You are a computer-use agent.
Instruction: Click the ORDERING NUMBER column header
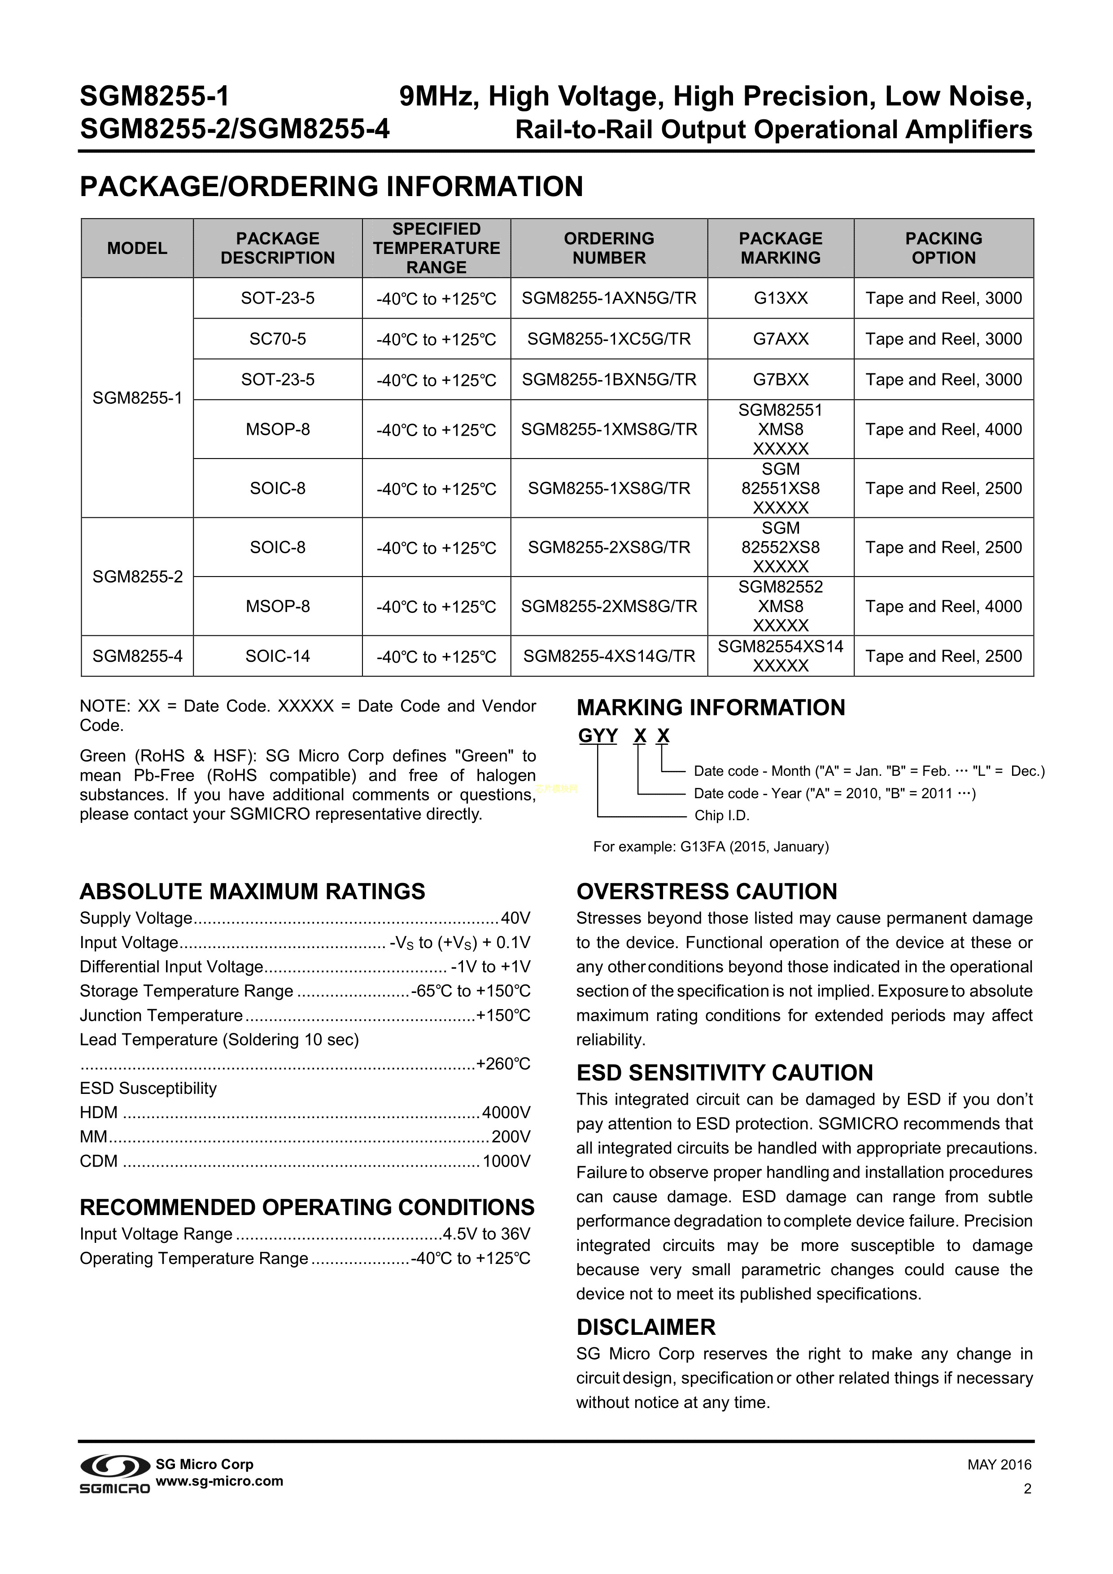(x=609, y=248)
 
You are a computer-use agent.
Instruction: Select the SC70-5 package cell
(x=278, y=339)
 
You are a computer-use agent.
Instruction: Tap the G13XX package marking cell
(x=781, y=298)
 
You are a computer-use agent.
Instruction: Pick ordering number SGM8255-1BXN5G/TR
(x=609, y=379)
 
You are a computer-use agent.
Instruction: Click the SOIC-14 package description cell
(x=278, y=656)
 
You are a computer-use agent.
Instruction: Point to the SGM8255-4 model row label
(x=137, y=656)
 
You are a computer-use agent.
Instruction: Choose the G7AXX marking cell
(x=781, y=339)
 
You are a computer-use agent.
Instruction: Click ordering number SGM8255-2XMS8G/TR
(x=609, y=606)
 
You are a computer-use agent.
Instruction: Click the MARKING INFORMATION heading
(x=711, y=708)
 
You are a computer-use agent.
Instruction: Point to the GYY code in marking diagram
(x=598, y=735)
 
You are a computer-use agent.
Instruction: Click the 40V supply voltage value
(x=515, y=918)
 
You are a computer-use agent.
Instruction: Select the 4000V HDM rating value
(x=506, y=1112)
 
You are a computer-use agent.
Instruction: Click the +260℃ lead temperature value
(x=503, y=1063)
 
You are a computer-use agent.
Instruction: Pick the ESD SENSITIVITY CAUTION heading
(x=725, y=1072)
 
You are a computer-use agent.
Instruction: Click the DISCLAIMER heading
(x=646, y=1327)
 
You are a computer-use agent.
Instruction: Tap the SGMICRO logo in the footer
(x=114, y=1473)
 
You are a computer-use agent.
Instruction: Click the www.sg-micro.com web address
(x=219, y=1481)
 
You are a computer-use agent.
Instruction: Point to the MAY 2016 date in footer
(x=999, y=1465)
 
